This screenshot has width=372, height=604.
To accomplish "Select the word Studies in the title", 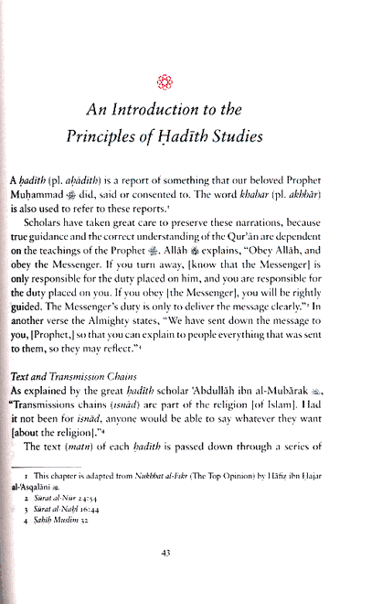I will [x=278, y=136].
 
